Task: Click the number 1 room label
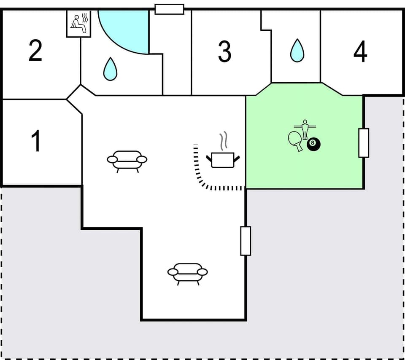point(37,141)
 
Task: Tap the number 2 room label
point(35,50)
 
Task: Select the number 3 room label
point(224,52)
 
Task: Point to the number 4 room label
point(360,52)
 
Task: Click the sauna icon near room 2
point(79,24)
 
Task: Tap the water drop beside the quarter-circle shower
point(110,69)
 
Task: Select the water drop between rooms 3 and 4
point(297,51)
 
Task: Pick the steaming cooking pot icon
point(223,160)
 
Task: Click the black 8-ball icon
point(313,144)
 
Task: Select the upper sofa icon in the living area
point(127,161)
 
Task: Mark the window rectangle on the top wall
point(169,9)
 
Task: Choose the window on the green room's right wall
point(364,143)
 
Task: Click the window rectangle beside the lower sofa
point(246,241)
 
